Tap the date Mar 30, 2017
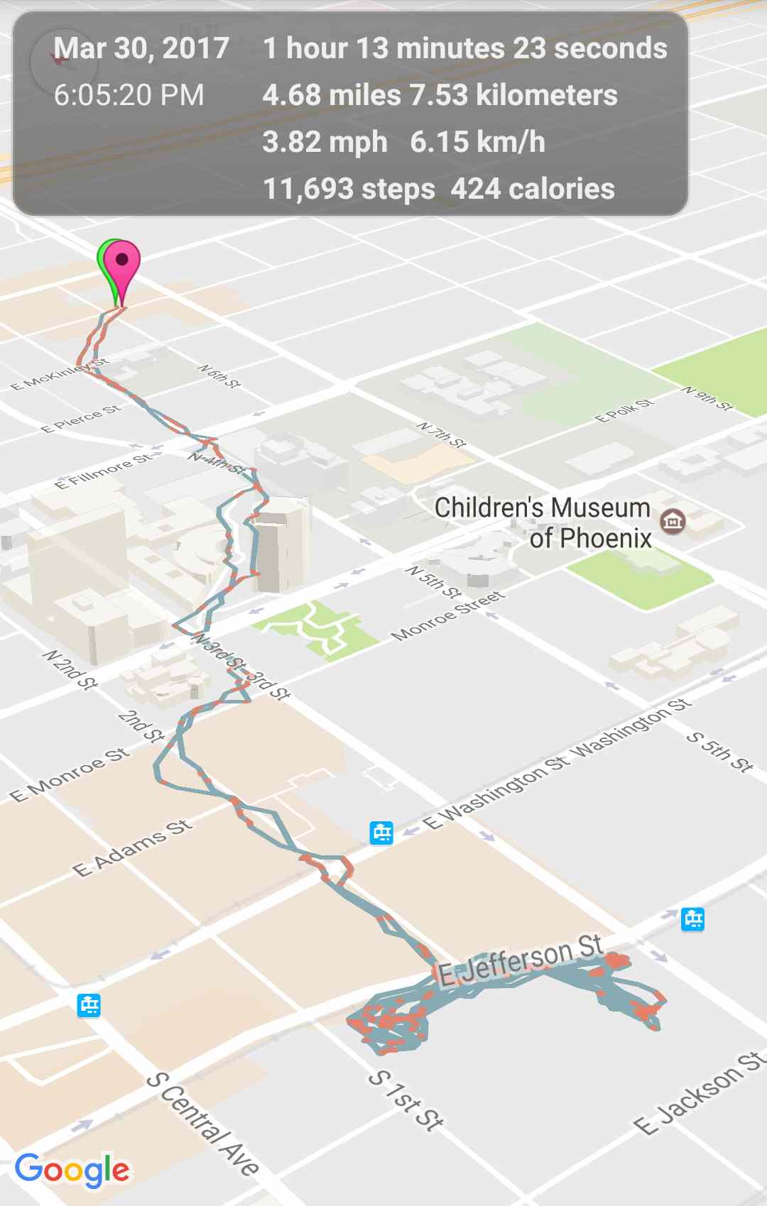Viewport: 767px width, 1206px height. [x=141, y=48]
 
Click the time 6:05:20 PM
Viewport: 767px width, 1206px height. [x=129, y=95]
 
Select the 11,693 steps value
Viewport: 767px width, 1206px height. [x=349, y=189]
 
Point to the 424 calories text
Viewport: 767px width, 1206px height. [x=533, y=189]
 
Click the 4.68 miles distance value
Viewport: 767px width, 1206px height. [x=331, y=95]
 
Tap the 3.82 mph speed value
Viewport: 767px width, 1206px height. [x=325, y=142]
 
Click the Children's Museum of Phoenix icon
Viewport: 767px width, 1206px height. [x=672, y=522]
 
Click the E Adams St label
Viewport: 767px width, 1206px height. [x=133, y=848]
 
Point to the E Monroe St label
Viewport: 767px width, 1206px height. [x=70, y=774]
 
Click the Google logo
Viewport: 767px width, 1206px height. [x=72, y=1169]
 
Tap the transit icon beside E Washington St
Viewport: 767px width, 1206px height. [x=381, y=832]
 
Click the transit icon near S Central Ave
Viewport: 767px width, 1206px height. [x=89, y=1005]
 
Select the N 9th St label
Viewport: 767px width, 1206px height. [x=707, y=399]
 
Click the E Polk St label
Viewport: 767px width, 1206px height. [x=624, y=410]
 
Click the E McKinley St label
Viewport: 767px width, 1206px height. [x=60, y=375]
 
